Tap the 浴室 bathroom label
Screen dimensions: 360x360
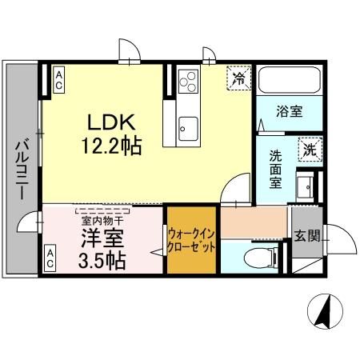point(290,112)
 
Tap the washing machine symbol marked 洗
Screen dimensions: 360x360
point(309,149)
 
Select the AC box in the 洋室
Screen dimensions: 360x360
point(50,258)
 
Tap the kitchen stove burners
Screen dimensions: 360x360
point(189,82)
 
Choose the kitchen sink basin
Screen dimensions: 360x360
point(189,126)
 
